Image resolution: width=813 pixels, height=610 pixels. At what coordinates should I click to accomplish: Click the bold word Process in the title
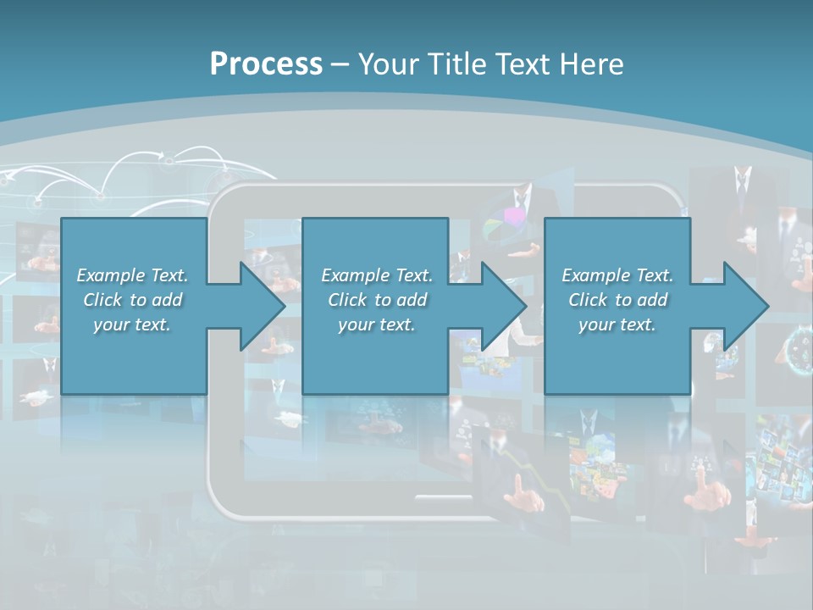(x=266, y=64)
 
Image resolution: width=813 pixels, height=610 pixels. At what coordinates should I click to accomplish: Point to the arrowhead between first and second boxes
(x=263, y=306)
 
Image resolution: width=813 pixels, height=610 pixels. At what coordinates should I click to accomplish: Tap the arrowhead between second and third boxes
(x=504, y=306)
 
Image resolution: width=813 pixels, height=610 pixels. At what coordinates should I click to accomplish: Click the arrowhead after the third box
(x=745, y=306)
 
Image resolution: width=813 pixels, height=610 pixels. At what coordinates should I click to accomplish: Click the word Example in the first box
(x=110, y=275)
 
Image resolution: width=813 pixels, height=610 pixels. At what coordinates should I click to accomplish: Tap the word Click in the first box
(x=102, y=300)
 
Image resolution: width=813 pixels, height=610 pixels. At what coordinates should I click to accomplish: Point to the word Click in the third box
(x=588, y=300)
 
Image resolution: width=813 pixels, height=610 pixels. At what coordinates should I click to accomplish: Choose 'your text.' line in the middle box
(x=376, y=324)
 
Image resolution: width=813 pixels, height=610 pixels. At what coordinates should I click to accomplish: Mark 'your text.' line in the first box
(x=132, y=324)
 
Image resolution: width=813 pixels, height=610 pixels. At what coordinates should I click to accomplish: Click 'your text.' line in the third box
(x=617, y=324)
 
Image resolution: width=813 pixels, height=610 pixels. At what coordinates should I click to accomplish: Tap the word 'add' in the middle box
(x=412, y=300)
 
